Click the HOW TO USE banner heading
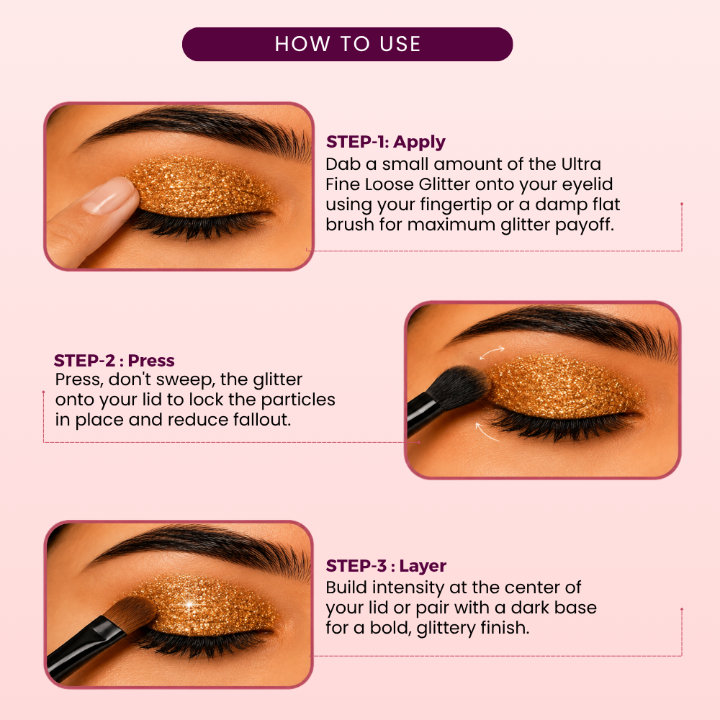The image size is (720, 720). pos(348,44)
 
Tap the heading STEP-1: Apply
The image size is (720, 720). pos(386,143)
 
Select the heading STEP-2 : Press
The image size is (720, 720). pos(114,361)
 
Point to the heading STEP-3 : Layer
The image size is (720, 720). pos(386,566)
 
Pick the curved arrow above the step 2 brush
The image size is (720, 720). pos(492,353)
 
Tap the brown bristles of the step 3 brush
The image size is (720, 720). pos(133,616)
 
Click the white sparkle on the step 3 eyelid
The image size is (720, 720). pos(189,603)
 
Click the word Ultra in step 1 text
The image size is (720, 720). pos(581,164)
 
